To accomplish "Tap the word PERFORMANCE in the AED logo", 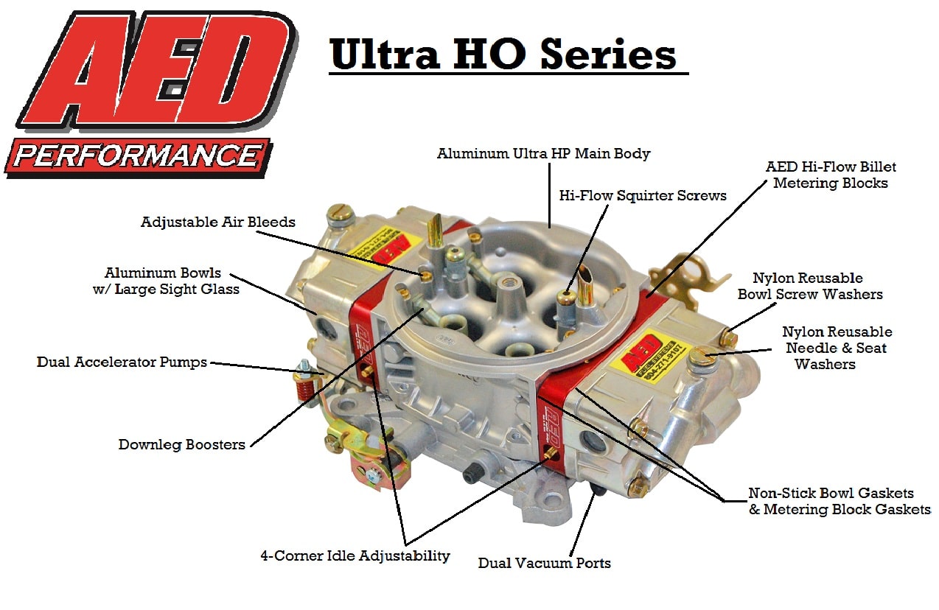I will [x=137, y=156].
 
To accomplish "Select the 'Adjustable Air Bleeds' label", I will [x=218, y=222].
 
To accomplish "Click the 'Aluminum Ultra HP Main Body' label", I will [x=543, y=154].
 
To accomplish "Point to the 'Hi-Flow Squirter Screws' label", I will [x=643, y=195].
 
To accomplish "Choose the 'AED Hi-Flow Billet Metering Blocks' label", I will [x=831, y=175].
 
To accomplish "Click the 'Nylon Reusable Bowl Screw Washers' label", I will [x=810, y=286].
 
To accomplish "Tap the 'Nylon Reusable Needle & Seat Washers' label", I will [x=837, y=348].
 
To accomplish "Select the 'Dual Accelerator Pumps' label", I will [x=122, y=362].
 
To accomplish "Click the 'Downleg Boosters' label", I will [x=181, y=445].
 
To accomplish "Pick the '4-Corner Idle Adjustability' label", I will [x=355, y=555].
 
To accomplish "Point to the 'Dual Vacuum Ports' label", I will [x=544, y=563].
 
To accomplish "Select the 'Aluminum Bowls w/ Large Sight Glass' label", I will [x=166, y=281].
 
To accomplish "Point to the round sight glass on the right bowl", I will [x=593, y=443].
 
